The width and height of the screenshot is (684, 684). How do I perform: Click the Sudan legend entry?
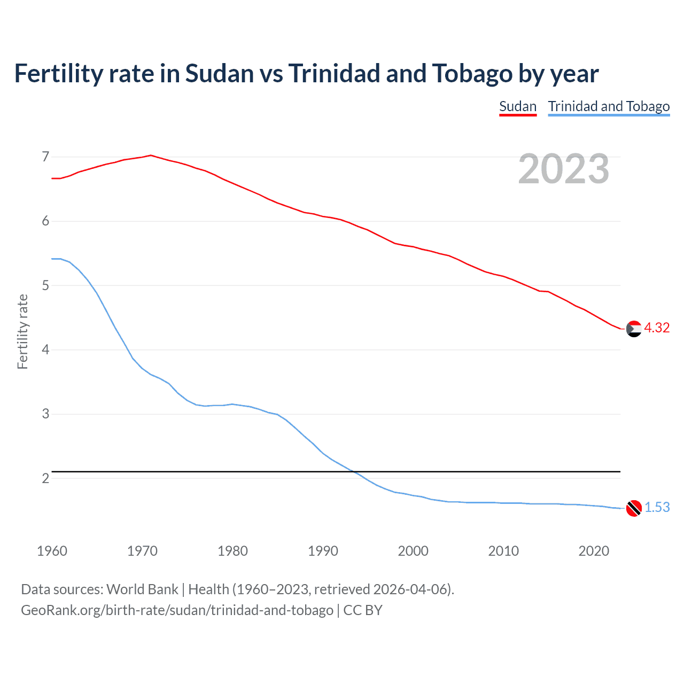517,106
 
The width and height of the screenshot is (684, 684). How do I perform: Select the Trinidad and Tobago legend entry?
609,106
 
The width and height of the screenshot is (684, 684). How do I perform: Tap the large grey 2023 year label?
563,169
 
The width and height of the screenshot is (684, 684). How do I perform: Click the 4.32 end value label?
657,328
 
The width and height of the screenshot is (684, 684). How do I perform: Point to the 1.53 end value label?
657,508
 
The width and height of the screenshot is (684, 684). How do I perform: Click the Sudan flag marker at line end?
634,329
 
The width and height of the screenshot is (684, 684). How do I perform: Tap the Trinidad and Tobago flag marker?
634,508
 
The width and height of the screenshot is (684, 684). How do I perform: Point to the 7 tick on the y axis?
45,157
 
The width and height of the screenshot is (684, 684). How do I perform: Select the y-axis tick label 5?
45,286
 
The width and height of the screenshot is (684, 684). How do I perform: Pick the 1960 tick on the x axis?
52,551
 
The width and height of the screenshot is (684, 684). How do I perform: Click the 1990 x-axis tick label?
323,551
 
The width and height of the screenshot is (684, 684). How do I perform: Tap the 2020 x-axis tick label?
594,551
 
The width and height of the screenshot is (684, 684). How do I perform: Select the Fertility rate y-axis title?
22,331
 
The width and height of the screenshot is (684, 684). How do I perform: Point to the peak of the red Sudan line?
151,156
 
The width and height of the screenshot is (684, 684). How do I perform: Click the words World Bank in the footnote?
142,589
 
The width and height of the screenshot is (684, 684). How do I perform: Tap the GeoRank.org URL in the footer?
177,610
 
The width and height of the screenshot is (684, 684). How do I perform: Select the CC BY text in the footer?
363,610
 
